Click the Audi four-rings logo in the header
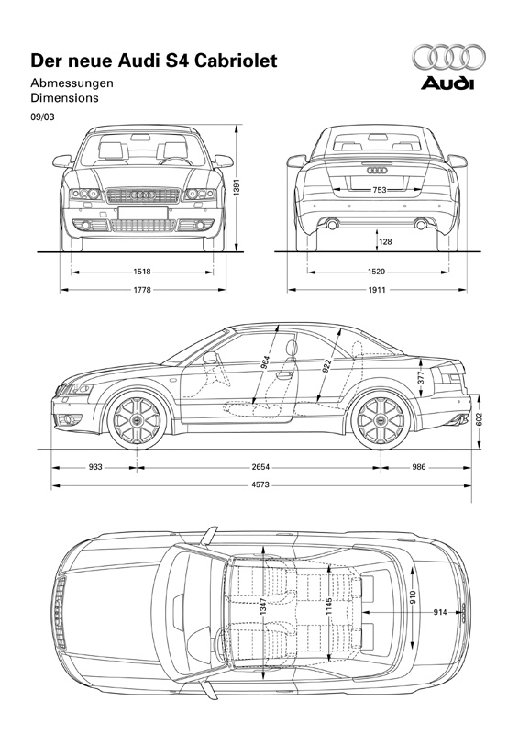tap(448, 57)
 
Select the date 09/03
tap(42, 117)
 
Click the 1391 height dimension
tap(237, 188)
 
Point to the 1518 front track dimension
tap(142, 272)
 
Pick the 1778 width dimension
tap(142, 290)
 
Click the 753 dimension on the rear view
tap(380, 190)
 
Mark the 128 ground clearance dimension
tap(386, 241)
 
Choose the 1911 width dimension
tap(377, 290)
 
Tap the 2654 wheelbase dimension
tap(260, 467)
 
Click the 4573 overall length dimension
tap(260, 485)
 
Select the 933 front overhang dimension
tap(95, 467)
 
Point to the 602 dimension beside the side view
tap(479, 419)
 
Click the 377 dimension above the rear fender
tap(421, 378)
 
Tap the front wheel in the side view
tap(138, 420)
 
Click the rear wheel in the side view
tap(381, 420)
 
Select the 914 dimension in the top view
tap(440, 612)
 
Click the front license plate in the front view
tap(143, 213)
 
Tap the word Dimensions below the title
tap(64, 98)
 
